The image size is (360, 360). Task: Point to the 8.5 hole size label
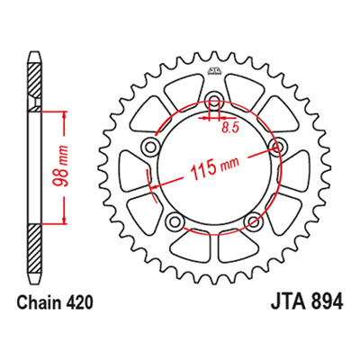230,128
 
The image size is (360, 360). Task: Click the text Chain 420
55,303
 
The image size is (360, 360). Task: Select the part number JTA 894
307,303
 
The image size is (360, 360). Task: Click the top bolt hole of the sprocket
214,101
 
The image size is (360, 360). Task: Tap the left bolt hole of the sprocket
149,147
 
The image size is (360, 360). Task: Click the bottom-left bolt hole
175,222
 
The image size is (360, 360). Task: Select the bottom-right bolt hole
253,222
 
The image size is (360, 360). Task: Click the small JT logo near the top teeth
214,71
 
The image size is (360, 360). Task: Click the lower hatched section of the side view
34,249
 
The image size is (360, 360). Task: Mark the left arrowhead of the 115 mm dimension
153,187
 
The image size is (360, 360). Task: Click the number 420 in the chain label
77,303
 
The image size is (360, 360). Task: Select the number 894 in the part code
327,303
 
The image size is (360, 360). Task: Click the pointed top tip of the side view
34,52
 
